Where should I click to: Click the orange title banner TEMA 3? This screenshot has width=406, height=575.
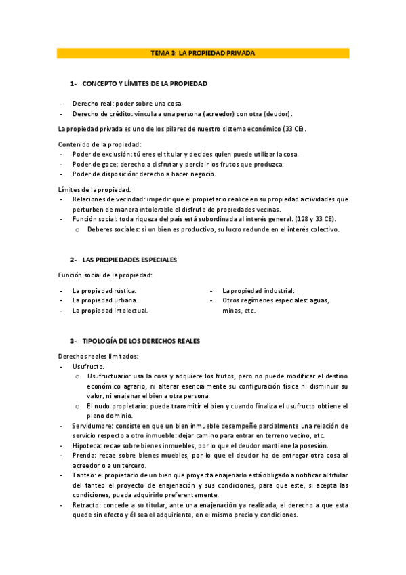203,53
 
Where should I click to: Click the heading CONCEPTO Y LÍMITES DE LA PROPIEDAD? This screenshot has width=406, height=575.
144,83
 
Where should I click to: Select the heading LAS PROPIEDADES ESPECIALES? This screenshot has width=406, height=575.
130,260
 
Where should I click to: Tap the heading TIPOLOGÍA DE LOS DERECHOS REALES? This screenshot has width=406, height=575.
141,340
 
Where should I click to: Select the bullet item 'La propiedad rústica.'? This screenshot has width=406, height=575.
104,290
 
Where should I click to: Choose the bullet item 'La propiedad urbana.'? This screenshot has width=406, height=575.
104,300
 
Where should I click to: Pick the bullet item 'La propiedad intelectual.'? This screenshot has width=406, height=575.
110,310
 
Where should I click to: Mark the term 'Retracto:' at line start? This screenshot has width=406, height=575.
87,506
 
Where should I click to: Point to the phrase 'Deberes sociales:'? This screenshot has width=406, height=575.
113,229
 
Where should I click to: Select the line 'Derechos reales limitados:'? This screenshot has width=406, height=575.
98,356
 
